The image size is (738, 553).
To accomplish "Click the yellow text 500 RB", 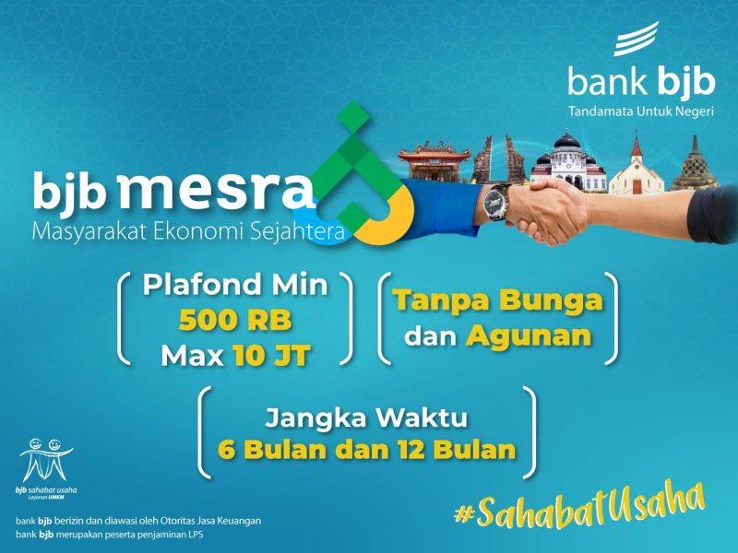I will (x=234, y=320).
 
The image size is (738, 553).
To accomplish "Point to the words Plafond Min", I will (x=234, y=285).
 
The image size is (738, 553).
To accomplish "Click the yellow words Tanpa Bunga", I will (x=498, y=300).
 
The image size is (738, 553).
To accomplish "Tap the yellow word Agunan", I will (x=529, y=335).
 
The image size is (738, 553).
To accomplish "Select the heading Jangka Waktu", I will (x=366, y=418).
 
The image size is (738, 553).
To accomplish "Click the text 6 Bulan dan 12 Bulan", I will (x=366, y=451).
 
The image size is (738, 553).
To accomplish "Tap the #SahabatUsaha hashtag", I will (x=578, y=505).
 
